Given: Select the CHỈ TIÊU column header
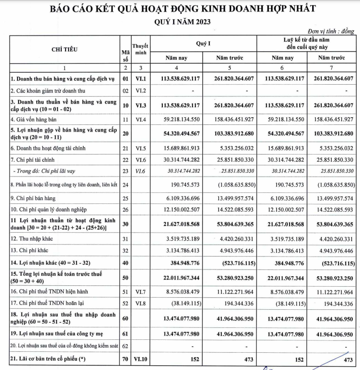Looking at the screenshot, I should tap(64, 49).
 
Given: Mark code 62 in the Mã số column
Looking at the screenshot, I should tap(125, 345).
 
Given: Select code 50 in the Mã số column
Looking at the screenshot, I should tap(125, 277).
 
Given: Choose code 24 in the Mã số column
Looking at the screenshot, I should tap(125, 184).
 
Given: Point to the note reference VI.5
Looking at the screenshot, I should tap(140, 148).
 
